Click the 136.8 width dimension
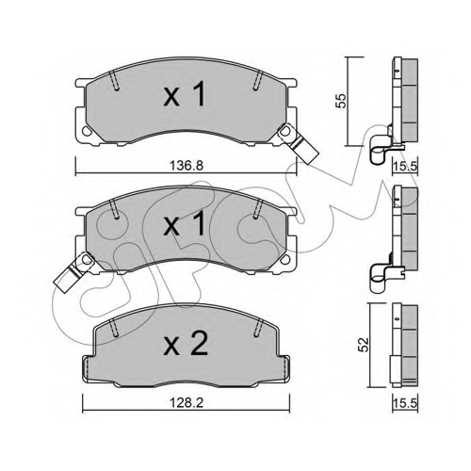click(x=187, y=165)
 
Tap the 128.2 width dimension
click(x=187, y=403)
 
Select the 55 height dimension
click(x=341, y=101)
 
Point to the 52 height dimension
click(x=365, y=345)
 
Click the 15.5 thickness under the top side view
click(x=405, y=166)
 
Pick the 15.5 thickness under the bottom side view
click(x=405, y=403)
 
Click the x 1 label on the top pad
click(x=185, y=93)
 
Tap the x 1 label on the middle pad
click(x=185, y=223)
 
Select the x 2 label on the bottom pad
click(x=186, y=343)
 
